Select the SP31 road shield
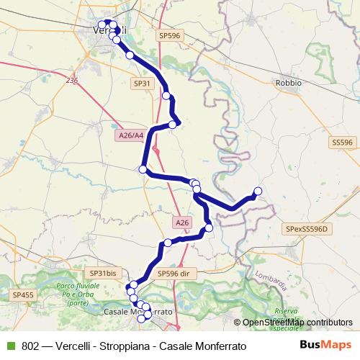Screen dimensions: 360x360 point(142,84)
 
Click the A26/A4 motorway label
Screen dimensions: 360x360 point(130,135)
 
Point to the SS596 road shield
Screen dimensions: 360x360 point(342,143)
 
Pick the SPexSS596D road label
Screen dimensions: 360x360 point(306,229)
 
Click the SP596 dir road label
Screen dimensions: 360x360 point(174,274)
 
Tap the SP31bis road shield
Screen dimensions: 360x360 point(102,273)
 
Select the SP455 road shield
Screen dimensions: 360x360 point(23,294)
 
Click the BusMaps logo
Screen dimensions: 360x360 point(326,346)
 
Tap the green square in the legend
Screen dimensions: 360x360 point(9,346)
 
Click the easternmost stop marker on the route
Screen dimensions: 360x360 point(258,191)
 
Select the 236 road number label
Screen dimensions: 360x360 point(71,81)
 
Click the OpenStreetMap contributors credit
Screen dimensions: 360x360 point(297,323)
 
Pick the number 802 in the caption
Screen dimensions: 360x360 point(30,346)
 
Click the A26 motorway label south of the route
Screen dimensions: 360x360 point(182,223)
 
